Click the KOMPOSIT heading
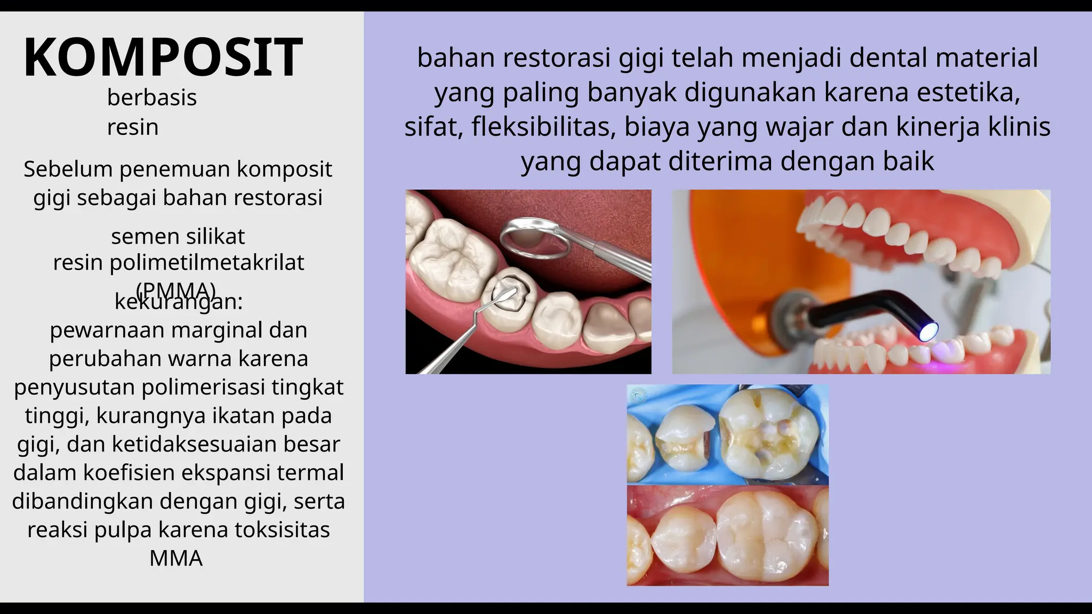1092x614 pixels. (x=163, y=58)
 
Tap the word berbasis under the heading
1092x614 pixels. (x=152, y=98)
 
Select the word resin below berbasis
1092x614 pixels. (x=133, y=127)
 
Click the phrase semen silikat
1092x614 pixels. (x=178, y=236)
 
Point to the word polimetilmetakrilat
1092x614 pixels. (x=207, y=263)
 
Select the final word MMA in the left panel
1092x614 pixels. (x=176, y=559)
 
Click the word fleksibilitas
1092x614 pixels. (x=544, y=127)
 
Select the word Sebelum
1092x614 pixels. (x=68, y=169)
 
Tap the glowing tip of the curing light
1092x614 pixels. (x=928, y=332)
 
